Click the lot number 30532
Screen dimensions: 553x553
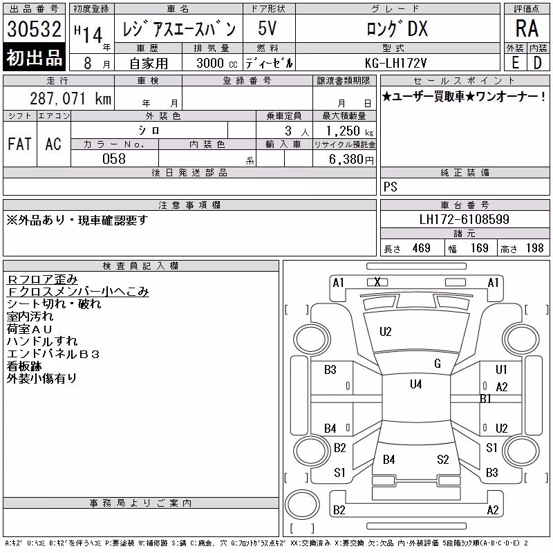pos(34,29)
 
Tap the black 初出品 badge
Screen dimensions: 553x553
pos(34,57)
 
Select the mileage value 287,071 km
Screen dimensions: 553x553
pos(71,98)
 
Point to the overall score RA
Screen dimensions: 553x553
pos(527,28)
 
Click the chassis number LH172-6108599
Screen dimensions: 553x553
pos(464,219)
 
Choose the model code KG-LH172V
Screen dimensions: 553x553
pos(395,63)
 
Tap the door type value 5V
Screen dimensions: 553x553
pos(268,28)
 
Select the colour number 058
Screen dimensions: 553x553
pos(114,159)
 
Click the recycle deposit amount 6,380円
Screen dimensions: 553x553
pos(351,159)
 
